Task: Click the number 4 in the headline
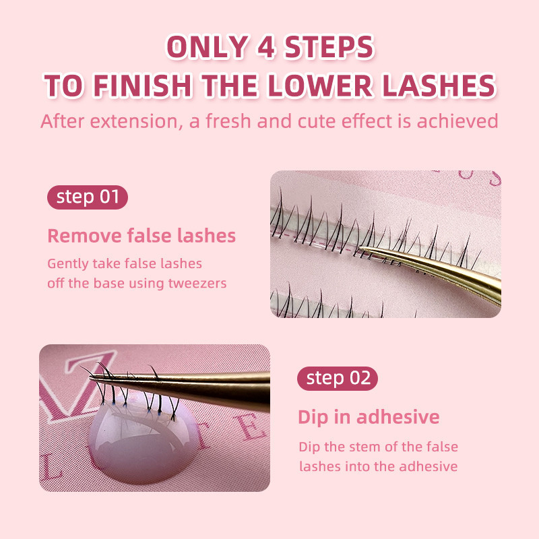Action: point(265,46)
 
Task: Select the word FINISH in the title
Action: point(142,86)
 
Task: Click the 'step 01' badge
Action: point(88,197)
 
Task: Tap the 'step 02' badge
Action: point(338,379)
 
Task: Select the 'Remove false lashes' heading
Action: point(141,236)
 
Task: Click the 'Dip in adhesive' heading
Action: point(369,418)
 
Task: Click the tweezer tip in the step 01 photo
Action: point(361,248)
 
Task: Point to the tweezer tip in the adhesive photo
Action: point(92,378)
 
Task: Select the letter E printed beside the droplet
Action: point(251,427)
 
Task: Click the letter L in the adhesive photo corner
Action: point(51,466)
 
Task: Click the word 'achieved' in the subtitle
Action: point(457,121)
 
